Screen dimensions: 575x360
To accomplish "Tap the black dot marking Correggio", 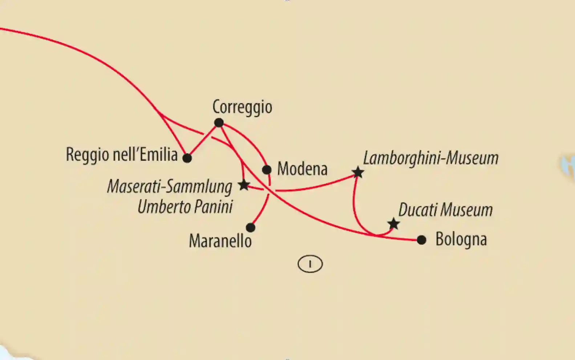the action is [219, 123].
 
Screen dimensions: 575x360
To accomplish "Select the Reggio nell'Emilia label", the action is [122, 155].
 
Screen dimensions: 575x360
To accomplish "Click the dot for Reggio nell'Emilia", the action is [187, 158].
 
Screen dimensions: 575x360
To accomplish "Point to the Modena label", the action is [302, 169].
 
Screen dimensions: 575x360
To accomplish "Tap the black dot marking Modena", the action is [267, 170].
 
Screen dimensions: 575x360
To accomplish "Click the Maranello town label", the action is [220, 241].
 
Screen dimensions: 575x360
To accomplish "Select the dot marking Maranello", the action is [250, 228].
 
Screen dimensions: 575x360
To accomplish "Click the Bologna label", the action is [461, 239].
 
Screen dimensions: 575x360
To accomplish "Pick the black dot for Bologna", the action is [421, 240].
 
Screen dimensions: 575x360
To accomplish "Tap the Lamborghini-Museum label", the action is [431, 158].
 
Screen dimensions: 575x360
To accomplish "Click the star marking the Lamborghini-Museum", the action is [358, 172].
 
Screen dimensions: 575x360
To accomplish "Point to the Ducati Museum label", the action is [445, 210].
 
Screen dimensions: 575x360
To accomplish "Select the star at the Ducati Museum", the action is [393, 223].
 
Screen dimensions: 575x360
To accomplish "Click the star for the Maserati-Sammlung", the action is [244, 185].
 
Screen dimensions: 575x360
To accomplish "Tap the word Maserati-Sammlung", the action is [170, 187].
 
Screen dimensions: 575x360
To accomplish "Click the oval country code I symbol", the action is [310, 264].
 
